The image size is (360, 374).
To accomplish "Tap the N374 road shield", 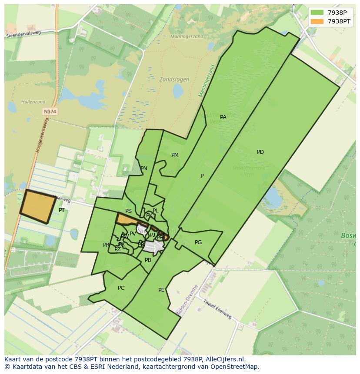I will tap(50, 112).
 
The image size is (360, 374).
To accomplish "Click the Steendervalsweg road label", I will tap(22, 34).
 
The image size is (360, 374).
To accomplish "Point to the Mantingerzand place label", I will tap(187, 36).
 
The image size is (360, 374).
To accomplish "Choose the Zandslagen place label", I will tap(174, 79).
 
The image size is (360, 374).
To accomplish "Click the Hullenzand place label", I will tap(33, 102).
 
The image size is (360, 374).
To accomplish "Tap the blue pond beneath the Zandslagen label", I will tap(178, 91).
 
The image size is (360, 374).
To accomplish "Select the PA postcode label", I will tap(223, 117).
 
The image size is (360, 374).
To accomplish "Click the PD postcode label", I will tap(260, 152).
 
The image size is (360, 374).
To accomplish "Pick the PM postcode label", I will tap(175, 155).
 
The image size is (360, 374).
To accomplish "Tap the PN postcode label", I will tap(144, 169).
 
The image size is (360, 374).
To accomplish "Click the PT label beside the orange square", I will tap(62, 210).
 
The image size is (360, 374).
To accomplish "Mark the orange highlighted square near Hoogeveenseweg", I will tap(38, 206).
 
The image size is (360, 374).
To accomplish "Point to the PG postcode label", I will tap(198, 242).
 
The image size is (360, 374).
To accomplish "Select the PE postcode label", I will tap(161, 290).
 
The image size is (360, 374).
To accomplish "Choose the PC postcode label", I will tap(121, 288).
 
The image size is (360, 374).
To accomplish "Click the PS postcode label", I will tap(128, 211).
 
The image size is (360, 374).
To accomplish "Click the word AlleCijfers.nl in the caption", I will tap(226, 359).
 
